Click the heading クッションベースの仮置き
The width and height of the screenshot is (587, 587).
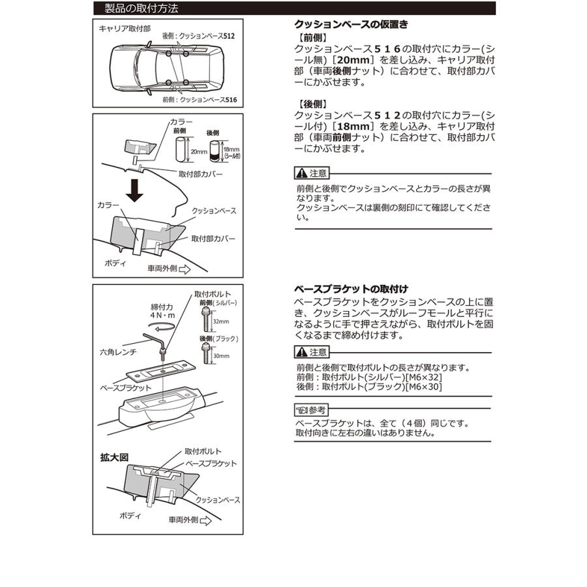pyautogui.click(x=352, y=25)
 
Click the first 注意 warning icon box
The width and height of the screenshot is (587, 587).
pyautogui.click(x=312, y=173)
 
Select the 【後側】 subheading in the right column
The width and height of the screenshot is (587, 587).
pyautogui.click(x=311, y=104)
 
